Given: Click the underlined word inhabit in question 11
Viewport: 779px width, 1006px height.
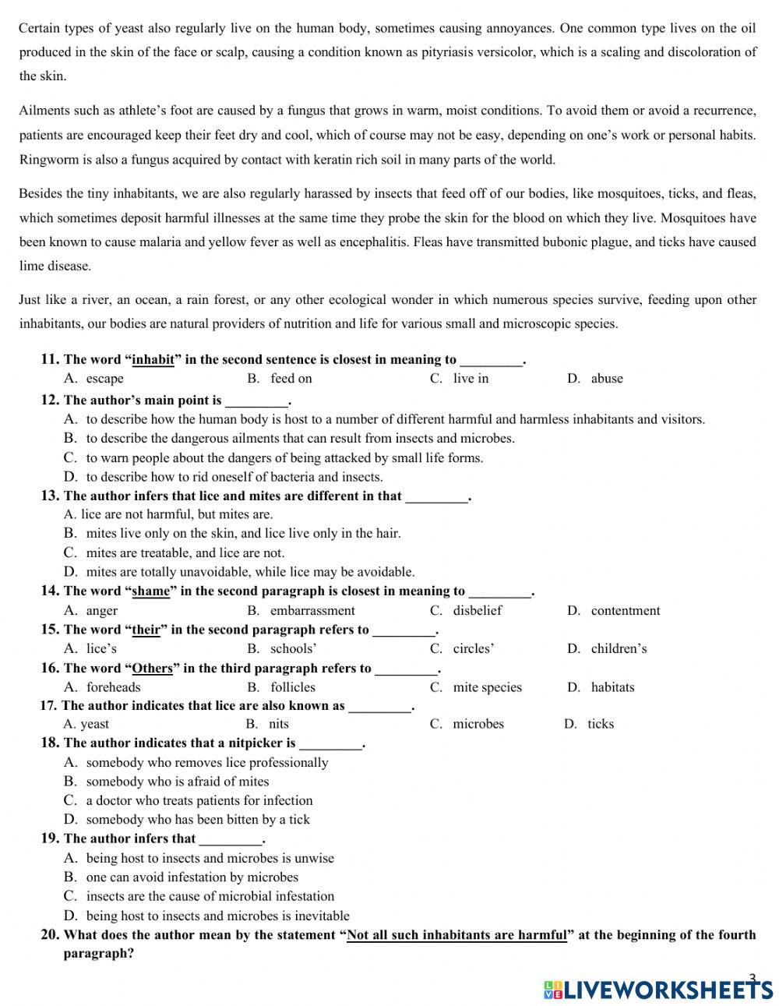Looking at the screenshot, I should tap(153, 360).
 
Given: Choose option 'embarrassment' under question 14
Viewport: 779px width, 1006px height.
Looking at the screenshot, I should tap(312, 611).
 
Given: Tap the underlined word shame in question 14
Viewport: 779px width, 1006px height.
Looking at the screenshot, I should tap(150, 591).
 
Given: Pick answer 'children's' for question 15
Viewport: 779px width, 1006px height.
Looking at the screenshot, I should tap(619, 649).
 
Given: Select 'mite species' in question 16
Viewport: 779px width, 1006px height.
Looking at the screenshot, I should tap(487, 687).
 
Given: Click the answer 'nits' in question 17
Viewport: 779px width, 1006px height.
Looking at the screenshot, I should tap(278, 724).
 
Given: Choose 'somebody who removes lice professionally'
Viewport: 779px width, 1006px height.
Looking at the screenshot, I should tap(206, 763).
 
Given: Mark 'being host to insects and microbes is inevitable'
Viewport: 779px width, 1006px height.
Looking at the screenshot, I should tap(217, 916).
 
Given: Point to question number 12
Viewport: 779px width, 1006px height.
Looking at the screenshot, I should tap(50, 401).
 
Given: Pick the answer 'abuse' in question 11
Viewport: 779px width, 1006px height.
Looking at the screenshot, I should tap(606, 379).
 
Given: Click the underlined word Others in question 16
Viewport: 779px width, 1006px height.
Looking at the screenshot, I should tap(152, 669).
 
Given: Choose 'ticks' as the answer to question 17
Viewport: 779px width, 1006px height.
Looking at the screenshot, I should tap(600, 724).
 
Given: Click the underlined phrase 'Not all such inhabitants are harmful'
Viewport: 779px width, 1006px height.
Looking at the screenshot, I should tap(456, 935).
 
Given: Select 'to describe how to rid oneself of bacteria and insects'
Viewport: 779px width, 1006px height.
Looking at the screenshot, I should tap(234, 477).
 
